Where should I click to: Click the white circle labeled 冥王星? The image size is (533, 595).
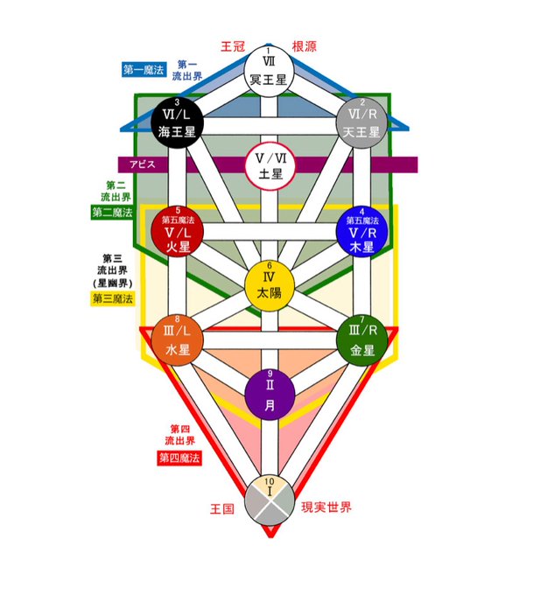[x=270, y=70]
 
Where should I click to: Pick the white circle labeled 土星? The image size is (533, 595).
[x=270, y=166]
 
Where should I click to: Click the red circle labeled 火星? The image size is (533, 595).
[x=177, y=229]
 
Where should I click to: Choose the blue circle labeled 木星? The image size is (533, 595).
[x=361, y=229]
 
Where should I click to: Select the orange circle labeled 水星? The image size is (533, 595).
[x=177, y=339]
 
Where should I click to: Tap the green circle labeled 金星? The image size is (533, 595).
[x=361, y=339]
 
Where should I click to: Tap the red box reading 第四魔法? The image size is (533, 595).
[x=179, y=458]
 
